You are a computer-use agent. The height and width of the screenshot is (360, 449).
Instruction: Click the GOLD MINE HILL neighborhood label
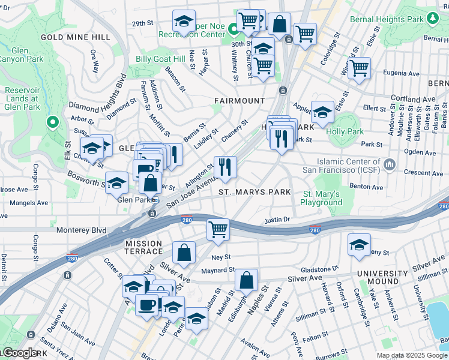(75, 37)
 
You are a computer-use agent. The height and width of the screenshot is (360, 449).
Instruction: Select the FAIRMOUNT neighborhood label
(240, 100)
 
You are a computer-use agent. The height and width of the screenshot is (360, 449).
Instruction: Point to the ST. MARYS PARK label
(255, 192)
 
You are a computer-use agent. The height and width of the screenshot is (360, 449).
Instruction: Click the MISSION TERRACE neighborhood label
(143, 244)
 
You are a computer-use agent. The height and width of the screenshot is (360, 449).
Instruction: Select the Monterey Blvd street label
(81, 230)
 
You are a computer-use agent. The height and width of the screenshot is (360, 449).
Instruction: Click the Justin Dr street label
(277, 220)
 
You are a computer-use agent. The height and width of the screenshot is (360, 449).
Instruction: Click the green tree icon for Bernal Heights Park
(432, 19)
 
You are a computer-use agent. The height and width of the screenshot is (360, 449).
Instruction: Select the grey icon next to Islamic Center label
(389, 164)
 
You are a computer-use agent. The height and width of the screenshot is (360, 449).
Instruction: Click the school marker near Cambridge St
(359, 245)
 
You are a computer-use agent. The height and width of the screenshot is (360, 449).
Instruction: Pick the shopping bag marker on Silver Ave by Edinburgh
(246, 280)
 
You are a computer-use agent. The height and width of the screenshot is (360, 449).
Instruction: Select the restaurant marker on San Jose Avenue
(225, 167)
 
